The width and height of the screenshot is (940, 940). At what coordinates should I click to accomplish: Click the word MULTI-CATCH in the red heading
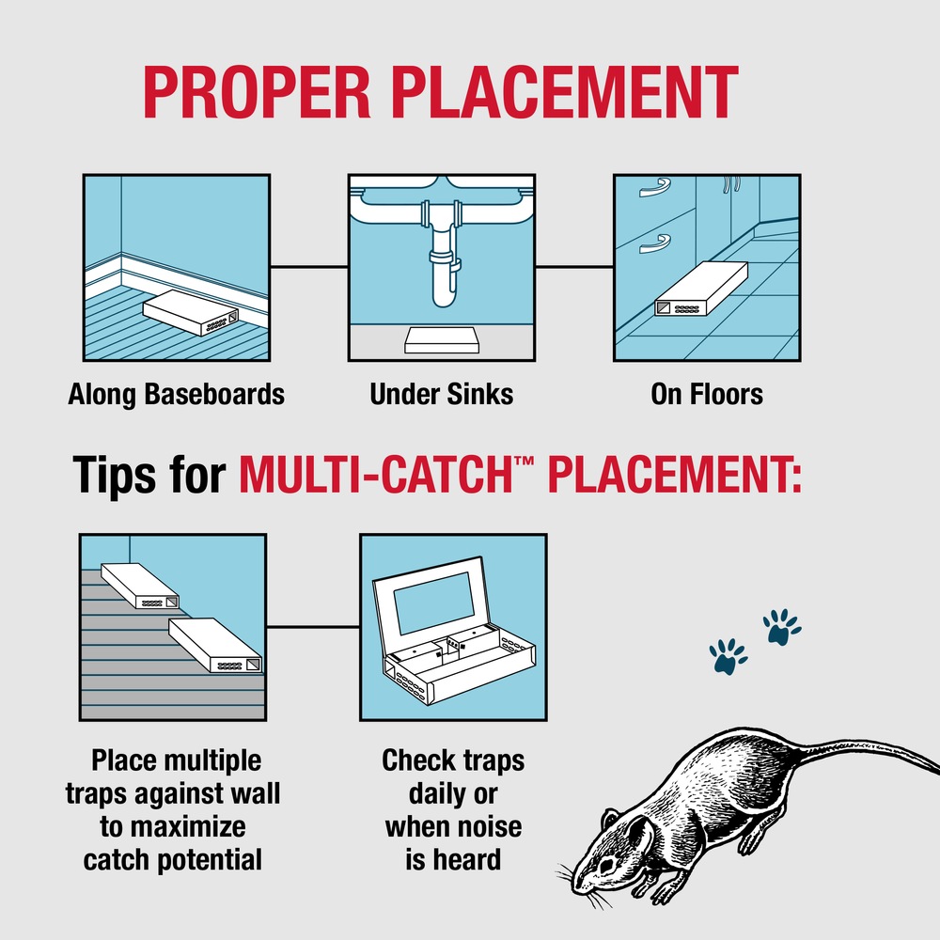click(x=386, y=474)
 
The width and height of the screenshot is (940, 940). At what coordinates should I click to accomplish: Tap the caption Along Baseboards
click(x=176, y=394)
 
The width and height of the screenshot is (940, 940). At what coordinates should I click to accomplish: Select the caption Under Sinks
click(x=442, y=394)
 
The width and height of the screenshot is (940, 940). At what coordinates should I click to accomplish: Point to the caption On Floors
click(x=707, y=394)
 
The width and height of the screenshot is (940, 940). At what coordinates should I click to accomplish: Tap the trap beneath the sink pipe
click(x=442, y=339)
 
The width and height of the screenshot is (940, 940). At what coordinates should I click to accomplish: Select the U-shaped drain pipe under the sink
click(x=441, y=282)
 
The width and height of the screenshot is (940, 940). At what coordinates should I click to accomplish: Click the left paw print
click(x=728, y=657)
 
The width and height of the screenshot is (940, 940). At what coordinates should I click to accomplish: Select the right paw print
click(x=780, y=626)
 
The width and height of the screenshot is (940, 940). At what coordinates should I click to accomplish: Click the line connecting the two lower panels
click(x=313, y=627)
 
